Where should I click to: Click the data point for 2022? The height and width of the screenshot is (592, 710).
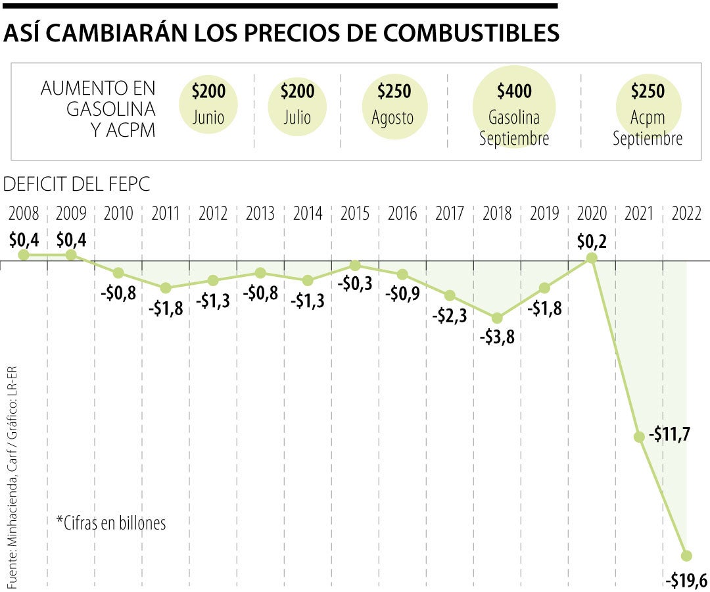(687, 556)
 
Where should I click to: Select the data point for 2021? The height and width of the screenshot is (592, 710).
(639, 437)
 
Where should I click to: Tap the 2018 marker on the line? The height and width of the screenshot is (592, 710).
(497, 318)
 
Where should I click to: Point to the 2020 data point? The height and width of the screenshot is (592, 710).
(592, 258)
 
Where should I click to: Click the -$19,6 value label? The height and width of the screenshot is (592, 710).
(686, 580)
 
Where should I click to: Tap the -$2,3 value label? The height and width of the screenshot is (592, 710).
(450, 316)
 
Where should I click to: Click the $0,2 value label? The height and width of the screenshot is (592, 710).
(592, 241)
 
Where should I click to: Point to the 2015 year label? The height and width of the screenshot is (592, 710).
(355, 214)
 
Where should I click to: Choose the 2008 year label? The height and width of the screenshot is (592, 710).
(24, 214)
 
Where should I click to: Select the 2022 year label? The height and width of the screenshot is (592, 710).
(686, 214)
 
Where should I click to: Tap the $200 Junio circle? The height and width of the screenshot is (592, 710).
(208, 105)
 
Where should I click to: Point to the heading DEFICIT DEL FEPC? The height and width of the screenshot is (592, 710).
(76, 185)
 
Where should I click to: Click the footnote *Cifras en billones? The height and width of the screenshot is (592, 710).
(111, 522)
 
